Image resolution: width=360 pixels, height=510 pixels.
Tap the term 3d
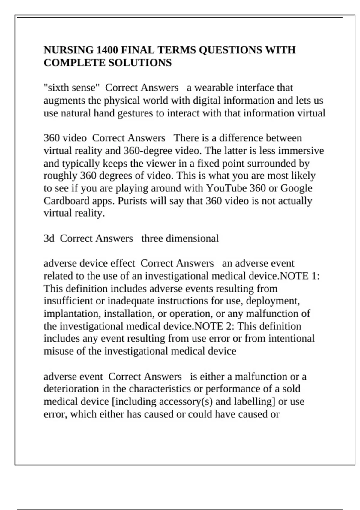click(49, 238)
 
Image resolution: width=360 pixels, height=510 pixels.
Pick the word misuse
click(58, 351)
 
